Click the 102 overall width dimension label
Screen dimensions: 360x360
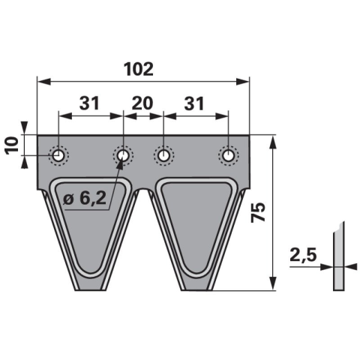139,69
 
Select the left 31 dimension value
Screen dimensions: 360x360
89,103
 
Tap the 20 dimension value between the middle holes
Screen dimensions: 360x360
142,103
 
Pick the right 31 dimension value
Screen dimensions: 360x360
194,103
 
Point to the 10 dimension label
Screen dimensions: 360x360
12,145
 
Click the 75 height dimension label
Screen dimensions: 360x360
258,212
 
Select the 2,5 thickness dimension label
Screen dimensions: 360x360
303,255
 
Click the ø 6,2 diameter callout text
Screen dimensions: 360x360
85,199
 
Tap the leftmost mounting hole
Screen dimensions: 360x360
58,156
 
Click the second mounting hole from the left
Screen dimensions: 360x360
123,155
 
